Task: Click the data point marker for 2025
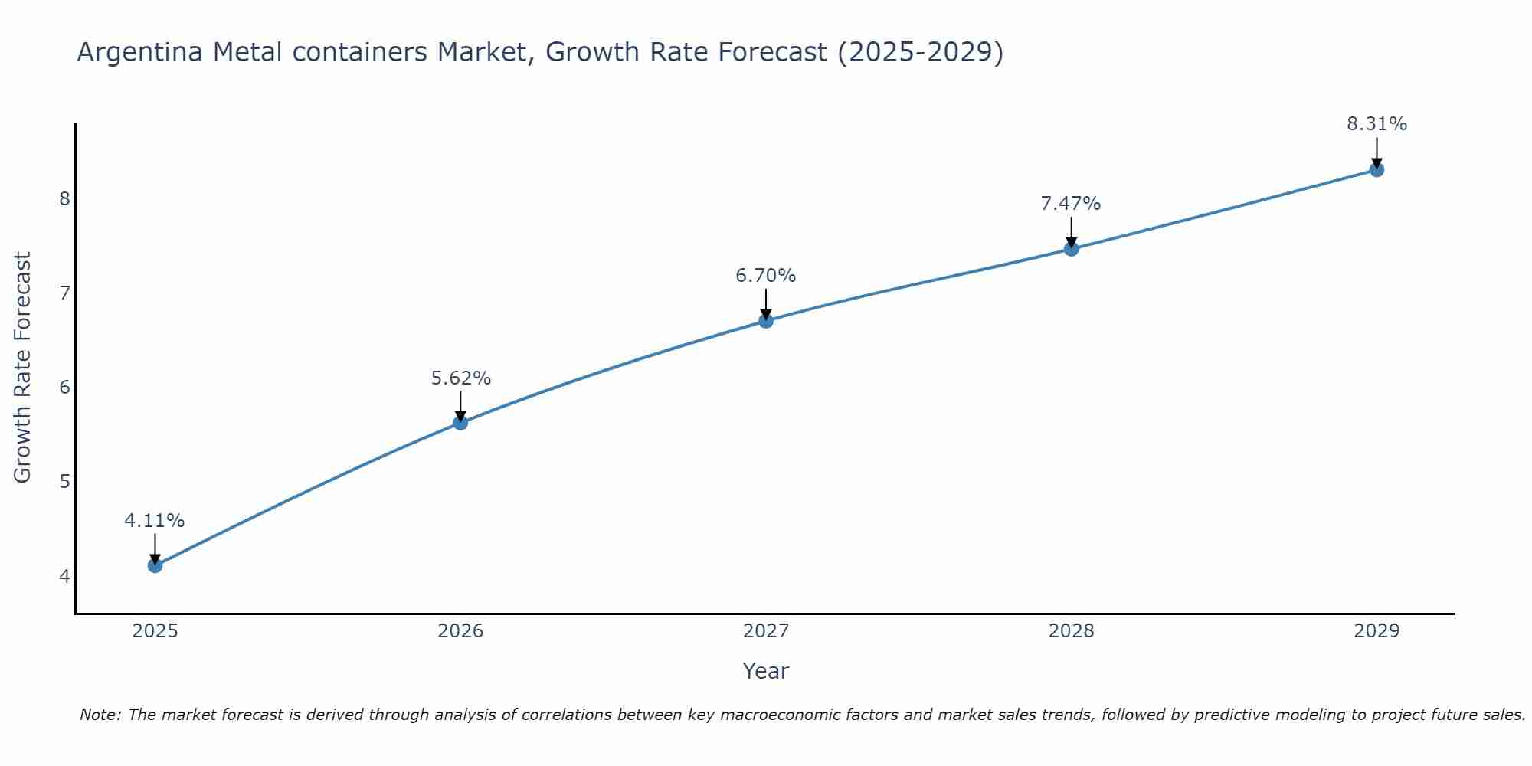[155, 565]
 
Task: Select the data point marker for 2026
[460, 422]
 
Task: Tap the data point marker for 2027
[766, 320]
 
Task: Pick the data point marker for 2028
[1071, 248]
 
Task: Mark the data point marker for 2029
[1377, 169]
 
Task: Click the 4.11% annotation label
[155, 521]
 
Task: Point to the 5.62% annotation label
[460, 378]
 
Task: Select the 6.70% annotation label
[766, 276]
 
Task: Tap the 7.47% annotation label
[1071, 204]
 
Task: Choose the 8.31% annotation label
[1377, 124]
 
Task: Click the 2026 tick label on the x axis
[460, 631]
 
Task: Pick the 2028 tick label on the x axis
[1071, 631]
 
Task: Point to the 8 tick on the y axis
[64, 199]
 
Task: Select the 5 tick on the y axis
[64, 482]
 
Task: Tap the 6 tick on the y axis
[64, 388]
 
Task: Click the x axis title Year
[766, 671]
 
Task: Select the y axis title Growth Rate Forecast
[23, 368]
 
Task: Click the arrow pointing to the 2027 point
[766, 303]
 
